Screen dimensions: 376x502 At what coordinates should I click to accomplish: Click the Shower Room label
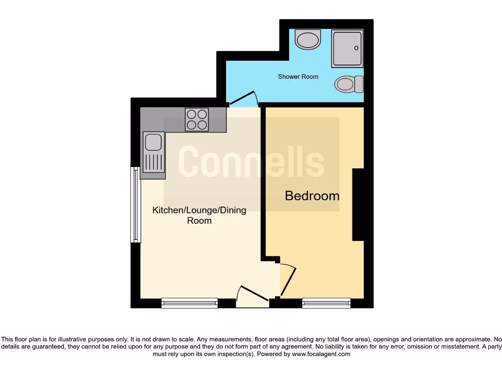tap(298, 77)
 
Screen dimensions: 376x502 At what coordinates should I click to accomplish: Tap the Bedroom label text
tap(312, 196)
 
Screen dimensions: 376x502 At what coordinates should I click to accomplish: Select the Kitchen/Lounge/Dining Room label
tap(199, 215)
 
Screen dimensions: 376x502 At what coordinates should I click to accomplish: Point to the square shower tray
tap(348, 48)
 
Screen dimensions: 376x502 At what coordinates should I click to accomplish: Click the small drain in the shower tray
tap(356, 48)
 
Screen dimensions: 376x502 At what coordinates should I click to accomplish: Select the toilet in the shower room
tap(349, 84)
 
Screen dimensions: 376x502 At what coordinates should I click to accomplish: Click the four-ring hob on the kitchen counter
tap(197, 119)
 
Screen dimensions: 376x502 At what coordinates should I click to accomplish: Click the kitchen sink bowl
tap(153, 142)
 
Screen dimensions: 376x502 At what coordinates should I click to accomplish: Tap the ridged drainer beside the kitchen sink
tap(153, 163)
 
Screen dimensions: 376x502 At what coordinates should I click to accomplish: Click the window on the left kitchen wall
tap(136, 205)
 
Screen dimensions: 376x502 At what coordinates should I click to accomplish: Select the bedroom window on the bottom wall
tap(326, 303)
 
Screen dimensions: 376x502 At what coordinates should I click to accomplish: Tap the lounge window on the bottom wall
tap(189, 303)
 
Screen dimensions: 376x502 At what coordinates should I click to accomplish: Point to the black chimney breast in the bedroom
tap(358, 204)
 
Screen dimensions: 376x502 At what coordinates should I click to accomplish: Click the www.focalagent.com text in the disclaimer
tap(321, 354)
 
